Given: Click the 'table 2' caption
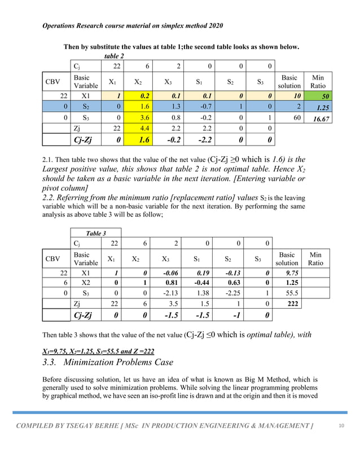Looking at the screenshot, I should tap(115, 56).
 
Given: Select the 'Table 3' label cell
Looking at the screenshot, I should tap(95, 233).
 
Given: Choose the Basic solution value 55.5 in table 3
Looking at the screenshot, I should tap(292, 293).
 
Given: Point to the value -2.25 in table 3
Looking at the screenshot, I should tap(230, 293).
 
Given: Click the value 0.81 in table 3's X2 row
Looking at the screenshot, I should tap(168, 283).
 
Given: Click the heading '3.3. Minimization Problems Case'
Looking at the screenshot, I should tap(107, 362).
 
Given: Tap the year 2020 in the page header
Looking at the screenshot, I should tap(213, 26).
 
